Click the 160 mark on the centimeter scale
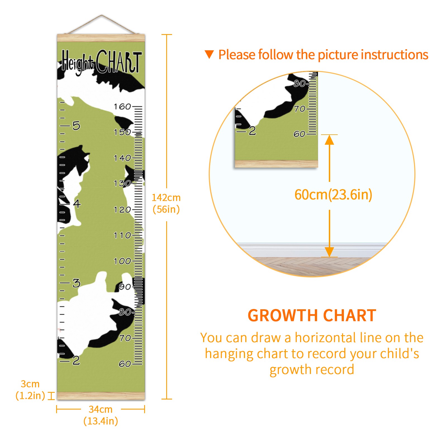[122, 106]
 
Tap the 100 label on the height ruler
[122, 261]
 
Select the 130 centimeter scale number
[122, 184]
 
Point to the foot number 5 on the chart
[76, 126]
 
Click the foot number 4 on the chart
[77, 203]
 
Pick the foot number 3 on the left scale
[76, 283]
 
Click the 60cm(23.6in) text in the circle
[333, 195]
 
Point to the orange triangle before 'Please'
[209, 54]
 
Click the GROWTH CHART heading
[312, 316]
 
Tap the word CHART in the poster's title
[119, 62]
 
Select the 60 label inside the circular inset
[299, 134]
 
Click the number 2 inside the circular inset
[252, 131]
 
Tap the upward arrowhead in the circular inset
[329, 140]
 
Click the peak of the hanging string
[102, 15]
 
